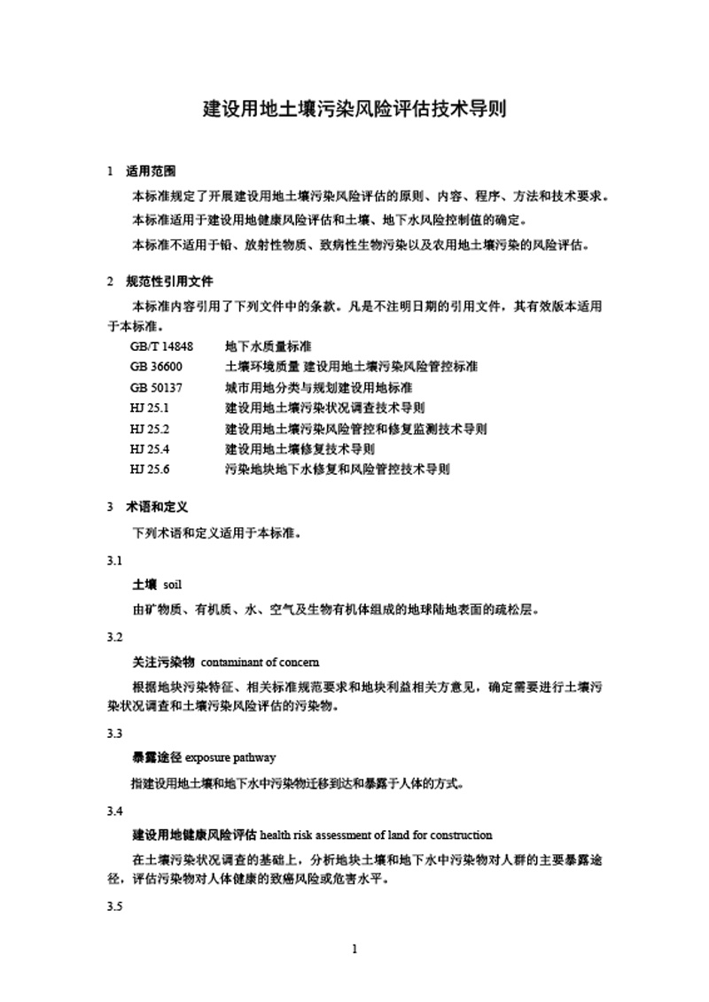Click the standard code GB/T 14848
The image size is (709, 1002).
click(160, 346)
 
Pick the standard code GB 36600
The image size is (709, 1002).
click(155, 366)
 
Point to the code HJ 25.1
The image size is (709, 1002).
click(148, 408)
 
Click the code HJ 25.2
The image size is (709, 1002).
click(148, 428)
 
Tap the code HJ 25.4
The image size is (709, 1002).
click(148, 448)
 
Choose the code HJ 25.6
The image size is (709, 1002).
click(148, 469)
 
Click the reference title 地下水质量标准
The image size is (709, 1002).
click(268, 346)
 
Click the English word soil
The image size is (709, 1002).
click(172, 585)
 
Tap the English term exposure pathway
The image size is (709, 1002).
click(230, 757)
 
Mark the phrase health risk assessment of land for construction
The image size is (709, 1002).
click(377, 835)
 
